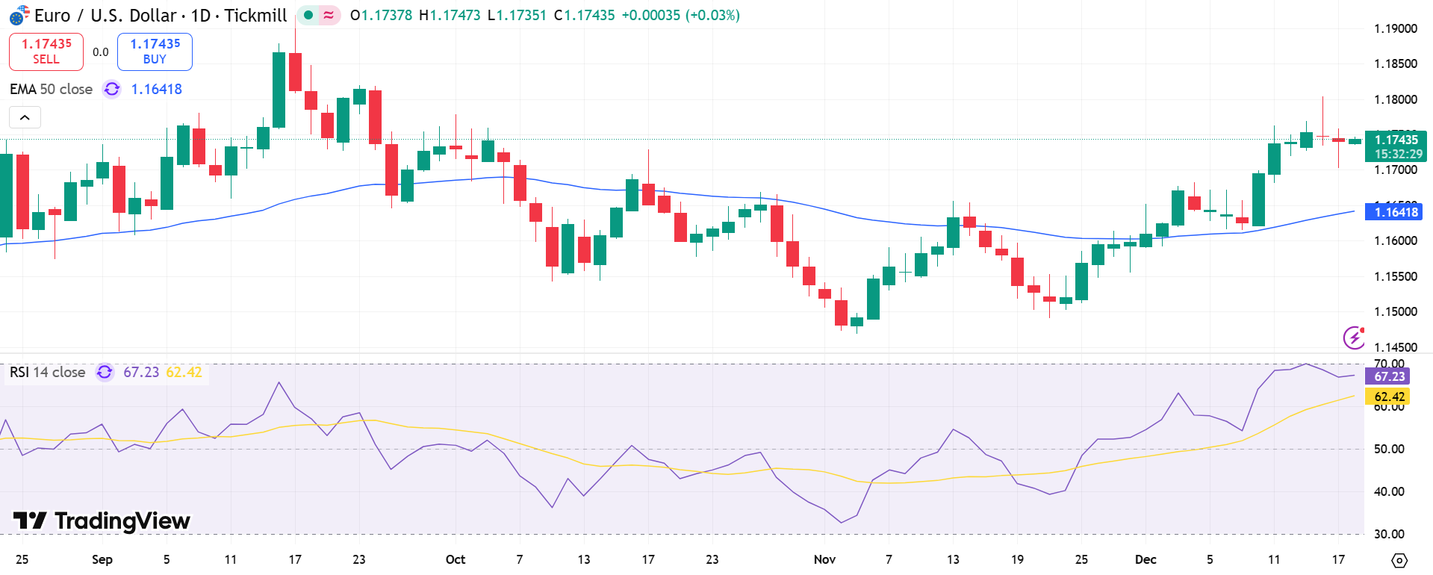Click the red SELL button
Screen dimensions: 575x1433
(x=46, y=52)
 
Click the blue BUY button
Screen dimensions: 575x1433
(x=155, y=52)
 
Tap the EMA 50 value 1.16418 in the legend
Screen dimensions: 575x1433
(x=156, y=90)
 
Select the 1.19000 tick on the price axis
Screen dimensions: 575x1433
(x=1395, y=29)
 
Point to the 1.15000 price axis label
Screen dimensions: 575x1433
(x=1395, y=312)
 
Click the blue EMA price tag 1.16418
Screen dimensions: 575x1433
(x=1395, y=212)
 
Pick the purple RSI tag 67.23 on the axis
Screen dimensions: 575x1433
(x=1389, y=376)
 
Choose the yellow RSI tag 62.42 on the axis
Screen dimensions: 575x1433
(x=1389, y=397)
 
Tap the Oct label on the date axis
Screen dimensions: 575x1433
(x=455, y=559)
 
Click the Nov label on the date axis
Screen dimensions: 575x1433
(x=824, y=559)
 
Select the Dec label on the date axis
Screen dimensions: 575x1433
(x=1145, y=559)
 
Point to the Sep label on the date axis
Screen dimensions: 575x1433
(x=102, y=559)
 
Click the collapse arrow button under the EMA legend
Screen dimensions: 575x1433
(x=25, y=117)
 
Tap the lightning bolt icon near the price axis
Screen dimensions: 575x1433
(x=1353, y=338)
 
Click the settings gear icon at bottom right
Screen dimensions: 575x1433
(x=1399, y=560)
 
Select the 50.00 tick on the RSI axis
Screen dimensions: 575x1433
(x=1389, y=449)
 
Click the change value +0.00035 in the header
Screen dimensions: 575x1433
(x=650, y=15)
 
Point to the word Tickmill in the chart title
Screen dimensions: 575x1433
(x=255, y=15)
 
